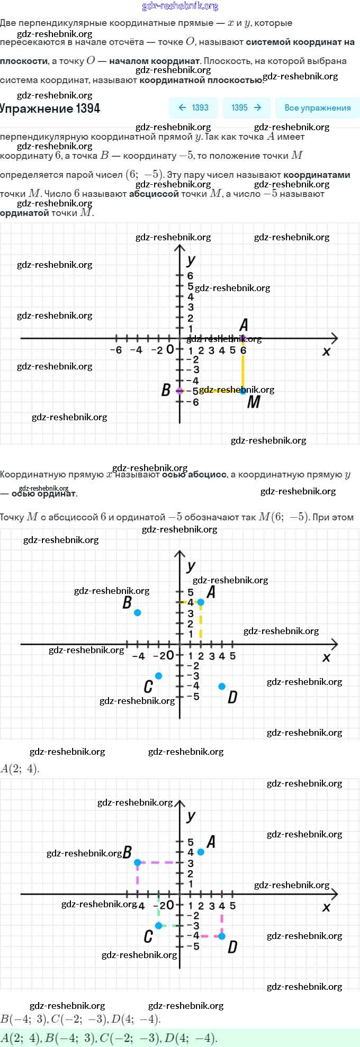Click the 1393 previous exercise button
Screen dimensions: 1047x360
(x=194, y=108)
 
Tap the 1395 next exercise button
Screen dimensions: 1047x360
(x=246, y=108)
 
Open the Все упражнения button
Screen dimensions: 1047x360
(x=317, y=108)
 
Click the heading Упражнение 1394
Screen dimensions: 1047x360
(x=50, y=109)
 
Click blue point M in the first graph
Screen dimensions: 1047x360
(x=243, y=391)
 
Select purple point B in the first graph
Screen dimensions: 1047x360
(x=179, y=391)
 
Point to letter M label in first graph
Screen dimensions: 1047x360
(x=254, y=402)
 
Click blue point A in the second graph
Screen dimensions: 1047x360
(x=201, y=602)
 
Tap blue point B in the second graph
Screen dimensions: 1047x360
(x=138, y=612)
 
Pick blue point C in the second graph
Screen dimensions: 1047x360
(x=158, y=676)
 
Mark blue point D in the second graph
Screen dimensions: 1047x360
(x=222, y=687)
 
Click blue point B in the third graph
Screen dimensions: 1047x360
(x=138, y=862)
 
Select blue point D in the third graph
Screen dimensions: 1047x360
(x=222, y=936)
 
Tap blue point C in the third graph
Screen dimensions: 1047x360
(x=158, y=926)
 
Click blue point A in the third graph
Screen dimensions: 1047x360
(x=201, y=852)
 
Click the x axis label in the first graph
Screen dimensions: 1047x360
(x=326, y=351)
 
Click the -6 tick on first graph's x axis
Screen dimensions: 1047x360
(x=115, y=350)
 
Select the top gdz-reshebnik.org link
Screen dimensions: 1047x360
(x=180, y=6)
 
